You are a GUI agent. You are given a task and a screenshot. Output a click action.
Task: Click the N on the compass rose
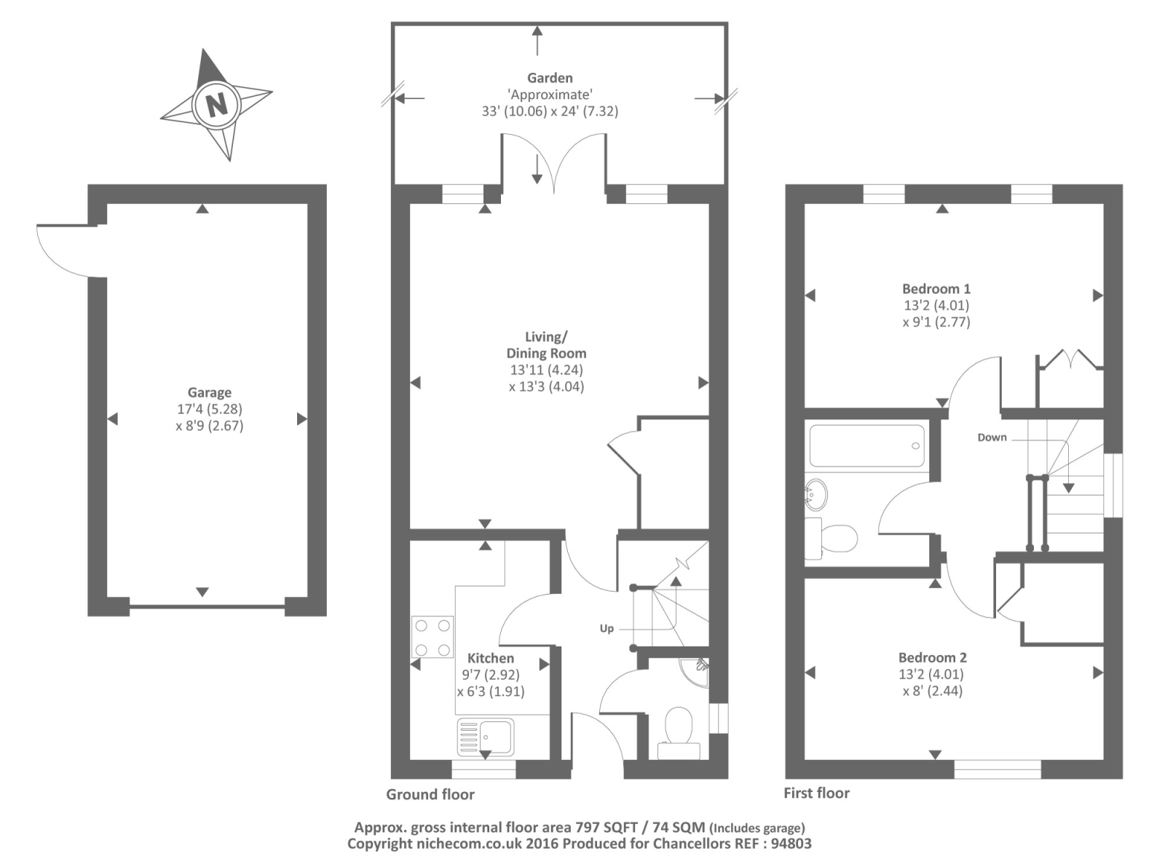pyautogui.click(x=216, y=106)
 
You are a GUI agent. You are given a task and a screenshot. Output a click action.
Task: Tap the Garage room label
pyautogui.click(x=210, y=392)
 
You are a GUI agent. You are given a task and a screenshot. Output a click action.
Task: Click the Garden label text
pyautogui.click(x=550, y=78)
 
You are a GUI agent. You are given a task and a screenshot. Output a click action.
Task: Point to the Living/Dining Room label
pyautogui.click(x=546, y=344)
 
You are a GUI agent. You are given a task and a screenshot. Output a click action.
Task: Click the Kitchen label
pyautogui.click(x=490, y=658)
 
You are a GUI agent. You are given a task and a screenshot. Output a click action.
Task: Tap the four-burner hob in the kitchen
pyautogui.click(x=433, y=638)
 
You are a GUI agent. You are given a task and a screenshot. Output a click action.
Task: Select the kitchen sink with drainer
pyautogui.click(x=486, y=736)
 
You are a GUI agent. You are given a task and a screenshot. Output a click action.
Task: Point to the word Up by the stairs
pyautogui.click(x=607, y=628)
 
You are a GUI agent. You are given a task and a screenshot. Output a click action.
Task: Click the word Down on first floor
pyautogui.click(x=992, y=438)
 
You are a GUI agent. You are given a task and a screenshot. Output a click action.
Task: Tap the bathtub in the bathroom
pyautogui.click(x=866, y=446)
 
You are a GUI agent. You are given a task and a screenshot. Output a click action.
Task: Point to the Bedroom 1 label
pyautogui.click(x=936, y=289)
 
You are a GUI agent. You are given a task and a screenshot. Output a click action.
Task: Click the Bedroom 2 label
pyautogui.click(x=932, y=657)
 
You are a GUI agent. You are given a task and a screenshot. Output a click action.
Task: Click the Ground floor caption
pyautogui.click(x=430, y=794)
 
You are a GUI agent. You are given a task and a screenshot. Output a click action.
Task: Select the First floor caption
pyautogui.click(x=816, y=793)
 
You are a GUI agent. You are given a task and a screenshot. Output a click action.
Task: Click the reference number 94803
pyautogui.click(x=791, y=844)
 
